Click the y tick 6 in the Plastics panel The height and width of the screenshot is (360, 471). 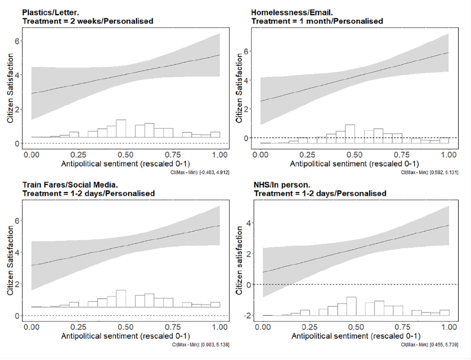pos(16,41)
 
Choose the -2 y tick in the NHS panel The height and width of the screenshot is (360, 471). pos(245,315)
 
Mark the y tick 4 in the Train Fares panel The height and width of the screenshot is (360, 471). pos(16,252)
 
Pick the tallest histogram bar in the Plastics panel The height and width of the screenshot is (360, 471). pos(121,128)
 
